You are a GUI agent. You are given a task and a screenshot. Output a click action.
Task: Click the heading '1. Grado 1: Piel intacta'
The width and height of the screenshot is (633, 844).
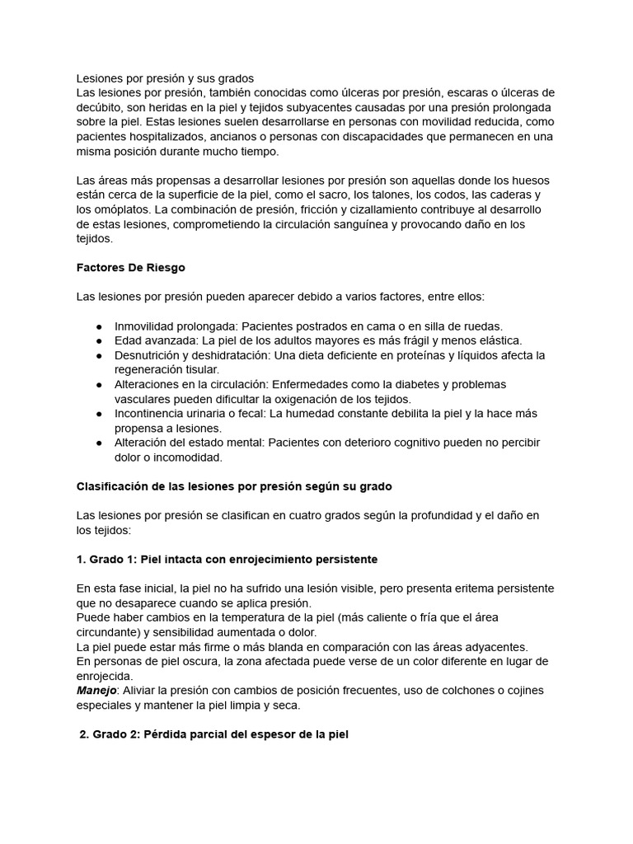pos(227,559)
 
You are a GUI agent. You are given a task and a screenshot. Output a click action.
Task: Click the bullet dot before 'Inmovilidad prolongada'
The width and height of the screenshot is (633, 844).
pos(99,326)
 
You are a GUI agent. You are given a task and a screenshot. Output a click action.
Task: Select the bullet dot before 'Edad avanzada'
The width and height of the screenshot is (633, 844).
pos(99,340)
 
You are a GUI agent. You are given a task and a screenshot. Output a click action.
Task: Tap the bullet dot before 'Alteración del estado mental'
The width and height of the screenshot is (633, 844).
pos(99,443)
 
